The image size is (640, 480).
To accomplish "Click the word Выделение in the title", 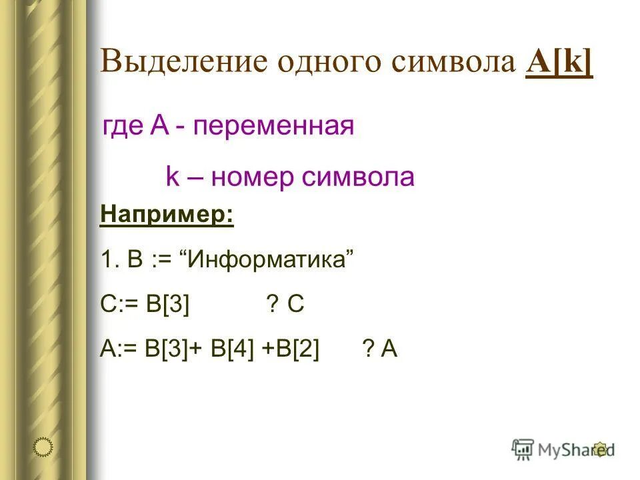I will [180, 63].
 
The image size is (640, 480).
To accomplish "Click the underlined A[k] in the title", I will [559, 63].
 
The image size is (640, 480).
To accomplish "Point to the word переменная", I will [273, 126].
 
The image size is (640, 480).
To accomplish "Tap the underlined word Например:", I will [167, 216].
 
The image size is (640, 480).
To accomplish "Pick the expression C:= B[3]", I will [145, 304].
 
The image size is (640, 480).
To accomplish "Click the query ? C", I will [285, 304].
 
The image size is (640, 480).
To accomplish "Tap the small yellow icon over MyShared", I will [600, 449].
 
